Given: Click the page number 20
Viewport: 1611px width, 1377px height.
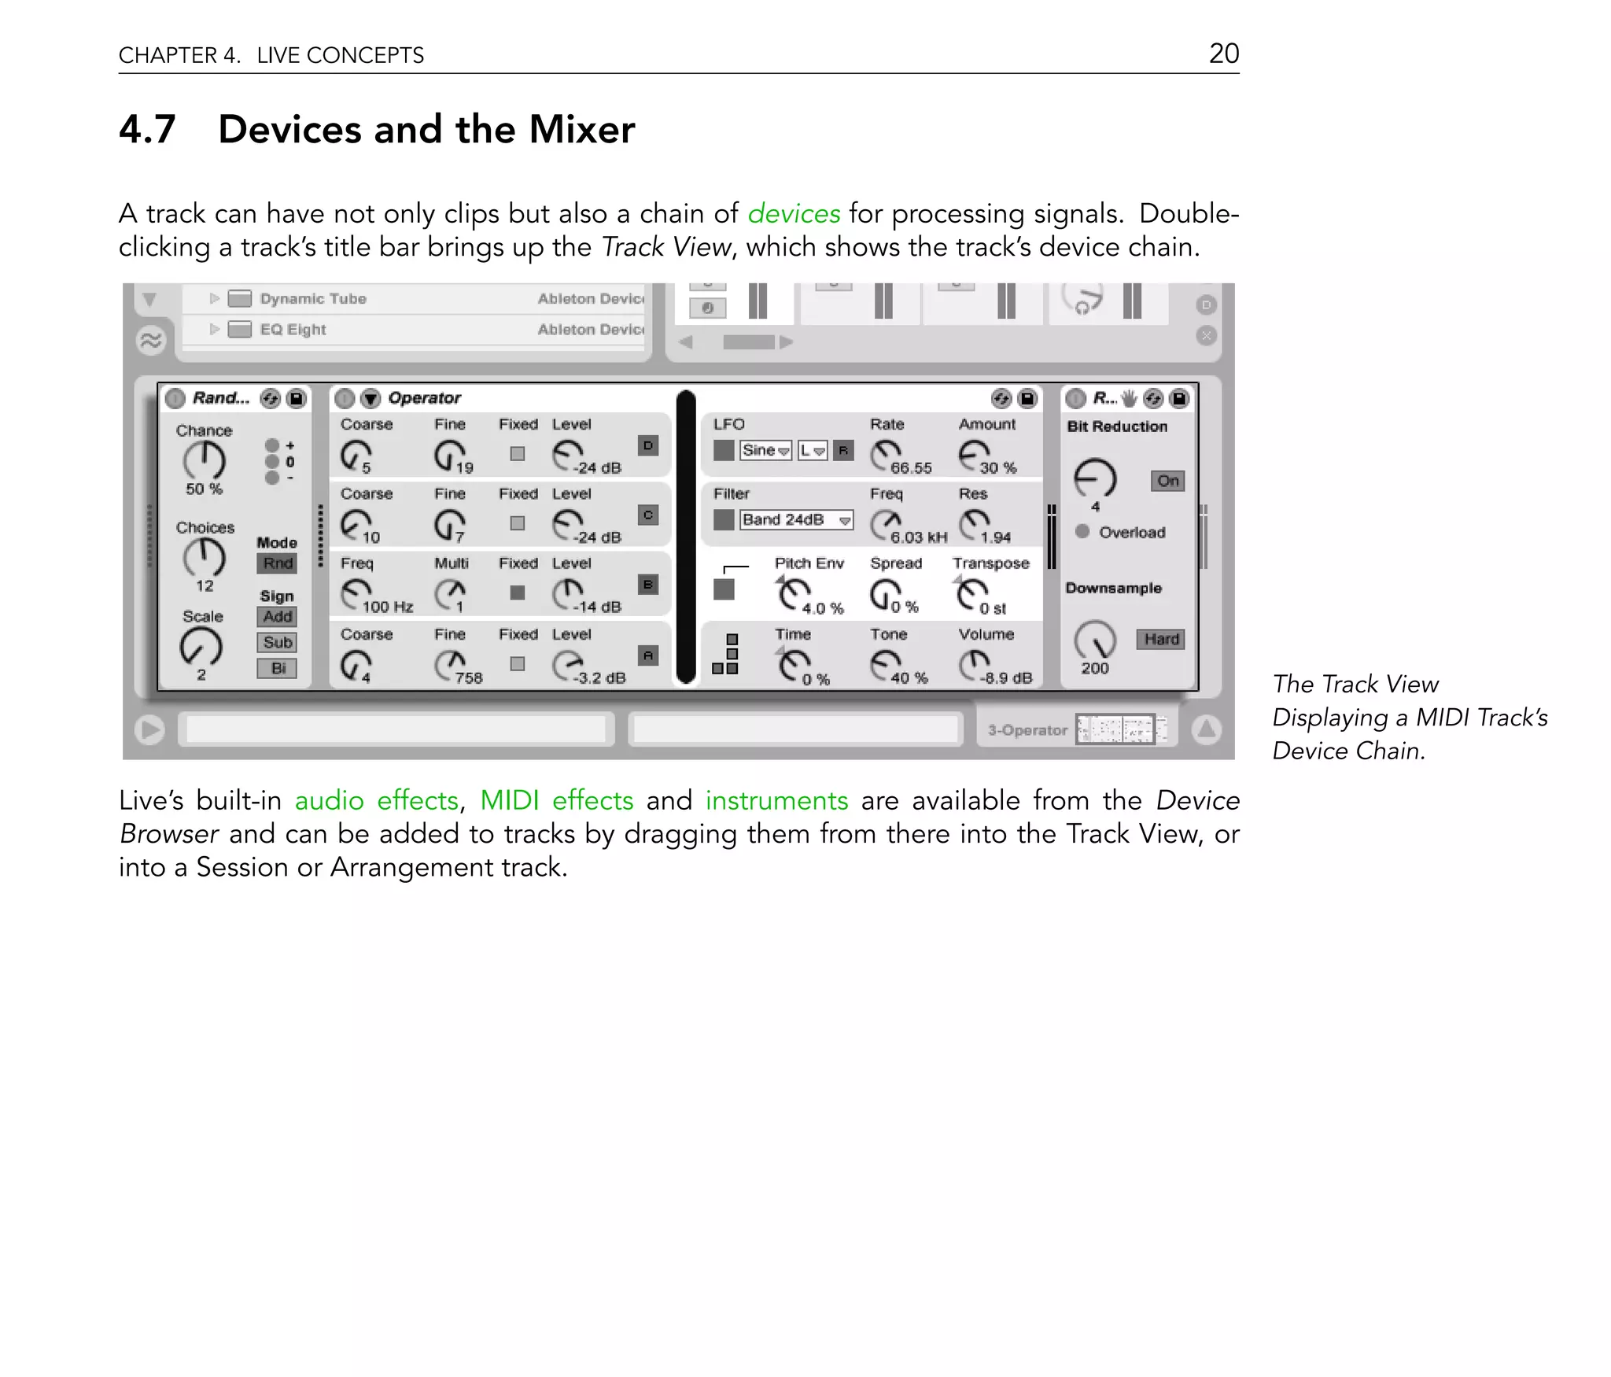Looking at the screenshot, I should (x=1223, y=54).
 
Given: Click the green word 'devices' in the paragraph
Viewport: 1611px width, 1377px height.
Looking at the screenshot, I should (x=793, y=214).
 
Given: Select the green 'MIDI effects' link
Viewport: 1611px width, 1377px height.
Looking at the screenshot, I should (x=556, y=800).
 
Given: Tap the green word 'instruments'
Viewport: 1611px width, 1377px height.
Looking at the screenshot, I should (x=776, y=800).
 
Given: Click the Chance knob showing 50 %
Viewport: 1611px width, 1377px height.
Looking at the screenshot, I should (x=204, y=460).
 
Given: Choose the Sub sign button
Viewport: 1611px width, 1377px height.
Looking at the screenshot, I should (x=277, y=642).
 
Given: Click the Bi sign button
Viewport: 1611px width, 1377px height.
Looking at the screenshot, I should (x=277, y=668).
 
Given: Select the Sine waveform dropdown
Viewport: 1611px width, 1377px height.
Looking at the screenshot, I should (x=765, y=450).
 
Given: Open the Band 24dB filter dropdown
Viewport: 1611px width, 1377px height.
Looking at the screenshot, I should (x=796, y=520).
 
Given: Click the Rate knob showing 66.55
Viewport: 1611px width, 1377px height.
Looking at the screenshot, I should (x=887, y=454).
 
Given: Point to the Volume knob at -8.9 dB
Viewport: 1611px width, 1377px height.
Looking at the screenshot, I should (x=975, y=665).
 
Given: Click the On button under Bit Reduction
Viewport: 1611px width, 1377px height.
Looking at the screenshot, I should (x=1167, y=481).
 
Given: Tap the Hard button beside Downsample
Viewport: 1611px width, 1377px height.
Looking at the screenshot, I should (x=1161, y=639).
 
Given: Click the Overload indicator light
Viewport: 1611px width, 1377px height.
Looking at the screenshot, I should (x=1082, y=532).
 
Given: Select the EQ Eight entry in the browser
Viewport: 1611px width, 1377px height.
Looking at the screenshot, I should (x=293, y=330).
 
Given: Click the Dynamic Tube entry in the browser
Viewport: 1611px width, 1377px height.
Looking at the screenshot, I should (x=312, y=299).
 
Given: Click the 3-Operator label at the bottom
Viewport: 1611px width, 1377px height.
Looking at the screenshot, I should (x=1027, y=730).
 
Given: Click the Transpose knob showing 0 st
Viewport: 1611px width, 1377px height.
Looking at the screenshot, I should (x=972, y=594).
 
